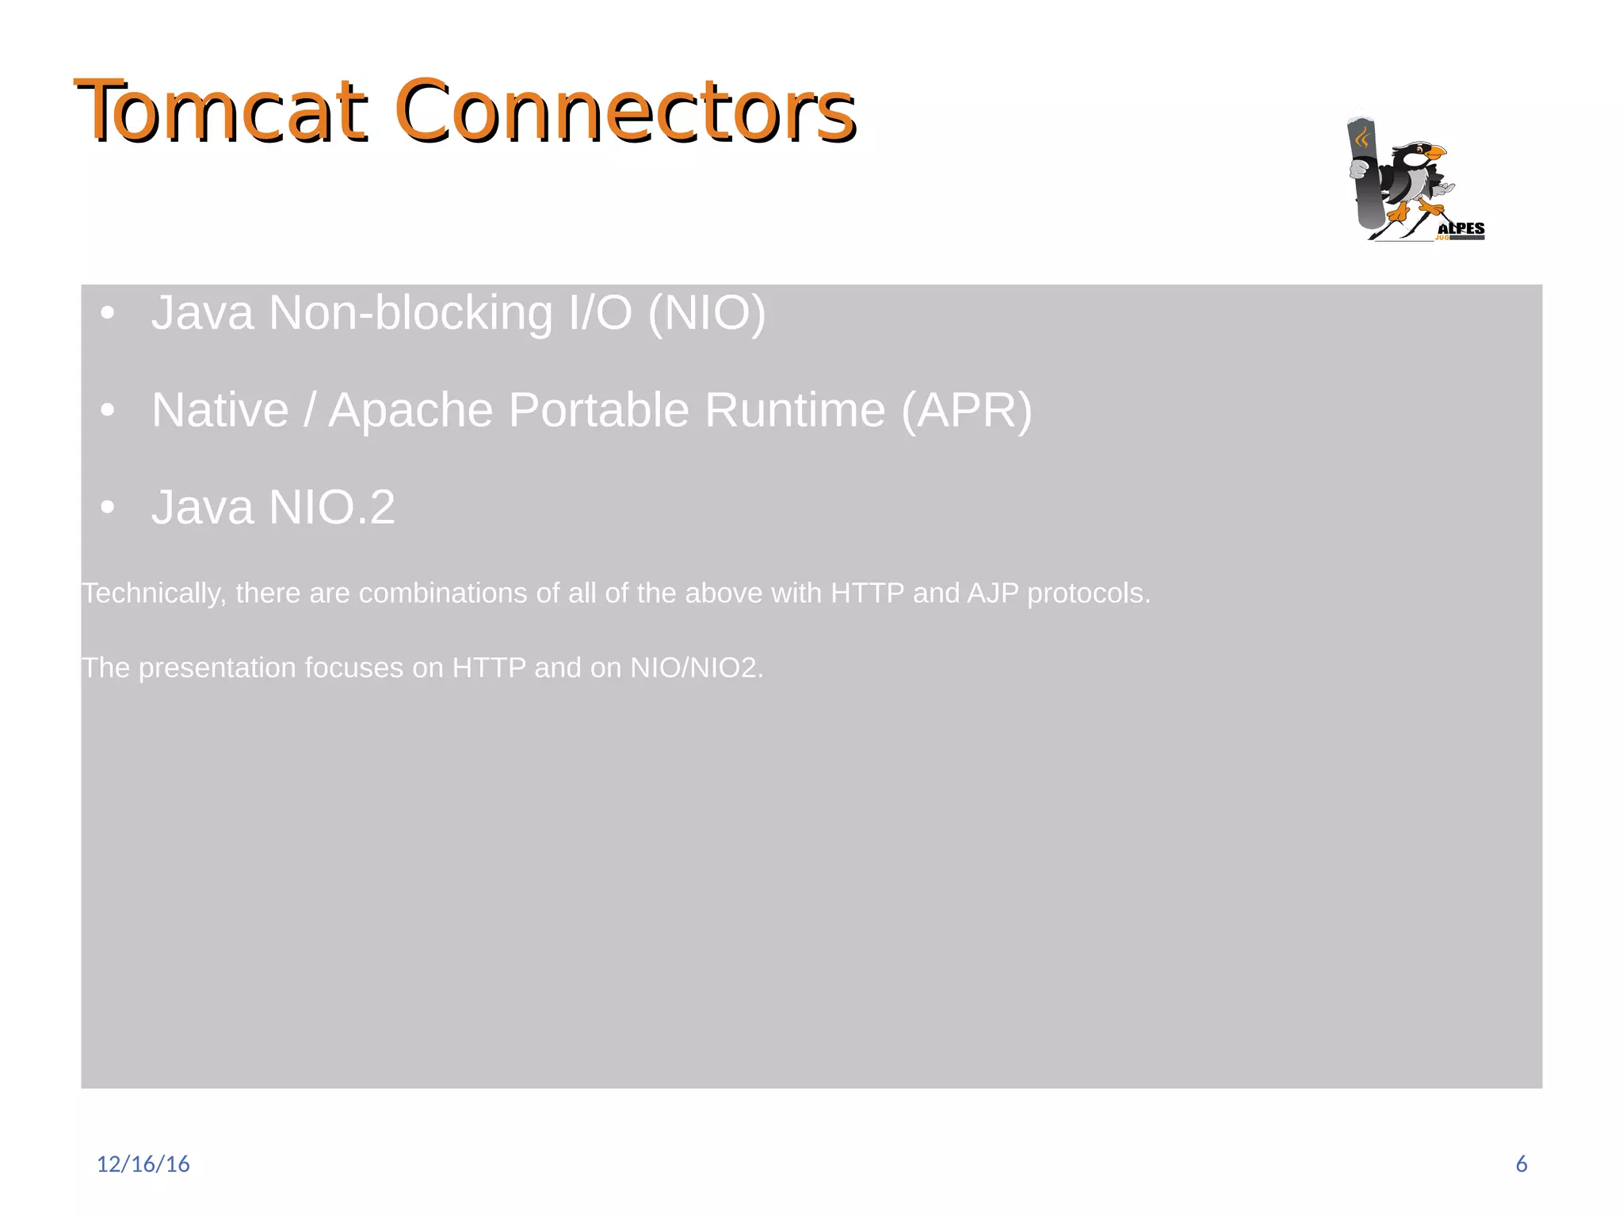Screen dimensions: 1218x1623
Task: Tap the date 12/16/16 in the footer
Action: pyautogui.click(x=143, y=1164)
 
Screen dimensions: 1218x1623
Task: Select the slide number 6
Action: pyautogui.click(x=1521, y=1164)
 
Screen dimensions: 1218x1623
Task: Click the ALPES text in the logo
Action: pyautogui.click(x=1461, y=228)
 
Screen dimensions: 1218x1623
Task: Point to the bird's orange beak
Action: pyautogui.click(x=1435, y=151)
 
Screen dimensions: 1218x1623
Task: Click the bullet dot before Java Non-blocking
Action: pyautogui.click(x=108, y=313)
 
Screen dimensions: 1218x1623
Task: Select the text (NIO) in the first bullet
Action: pyautogui.click(x=707, y=313)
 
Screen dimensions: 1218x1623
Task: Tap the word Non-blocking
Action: pyautogui.click(x=410, y=313)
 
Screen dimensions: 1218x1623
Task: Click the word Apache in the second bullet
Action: pyautogui.click(x=411, y=410)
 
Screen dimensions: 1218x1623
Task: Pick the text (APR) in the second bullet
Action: pyautogui.click(x=966, y=410)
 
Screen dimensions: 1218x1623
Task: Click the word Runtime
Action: pyautogui.click(x=794, y=410)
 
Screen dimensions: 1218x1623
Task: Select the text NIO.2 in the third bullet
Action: pyautogui.click(x=332, y=507)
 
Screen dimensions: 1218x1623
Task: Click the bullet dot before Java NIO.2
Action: pyautogui.click(x=108, y=507)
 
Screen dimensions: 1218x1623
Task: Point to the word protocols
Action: pyautogui.click(x=1089, y=594)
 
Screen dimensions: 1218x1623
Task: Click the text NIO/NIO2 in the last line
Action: pyautogui.click(x=696, y=668)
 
